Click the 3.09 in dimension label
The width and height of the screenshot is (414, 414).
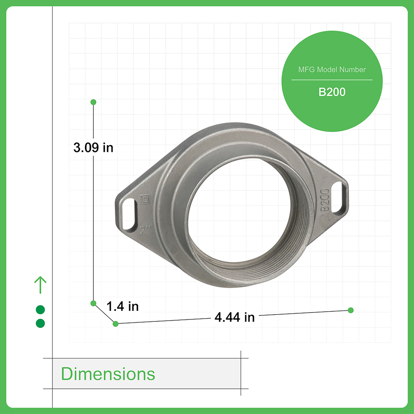coord(93,148)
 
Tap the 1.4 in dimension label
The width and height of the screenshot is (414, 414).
coord(123,306)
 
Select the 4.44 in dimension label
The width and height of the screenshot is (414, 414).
coord(234,317)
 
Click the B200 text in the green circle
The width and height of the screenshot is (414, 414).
coord(332,92)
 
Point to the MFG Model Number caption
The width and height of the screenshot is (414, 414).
coord(332,70)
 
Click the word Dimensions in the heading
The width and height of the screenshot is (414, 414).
coord(108,374)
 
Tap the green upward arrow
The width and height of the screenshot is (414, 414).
coord(40,285)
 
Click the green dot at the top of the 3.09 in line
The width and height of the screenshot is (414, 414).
coord(93,102)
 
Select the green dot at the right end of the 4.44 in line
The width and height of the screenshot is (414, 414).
coord(351,310)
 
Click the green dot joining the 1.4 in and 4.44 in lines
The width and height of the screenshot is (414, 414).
coord(116,323)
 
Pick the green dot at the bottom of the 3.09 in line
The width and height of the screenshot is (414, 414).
coord(93,303)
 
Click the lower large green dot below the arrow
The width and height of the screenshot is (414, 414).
coord(40,323)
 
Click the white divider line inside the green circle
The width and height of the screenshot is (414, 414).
coord(332,80)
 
